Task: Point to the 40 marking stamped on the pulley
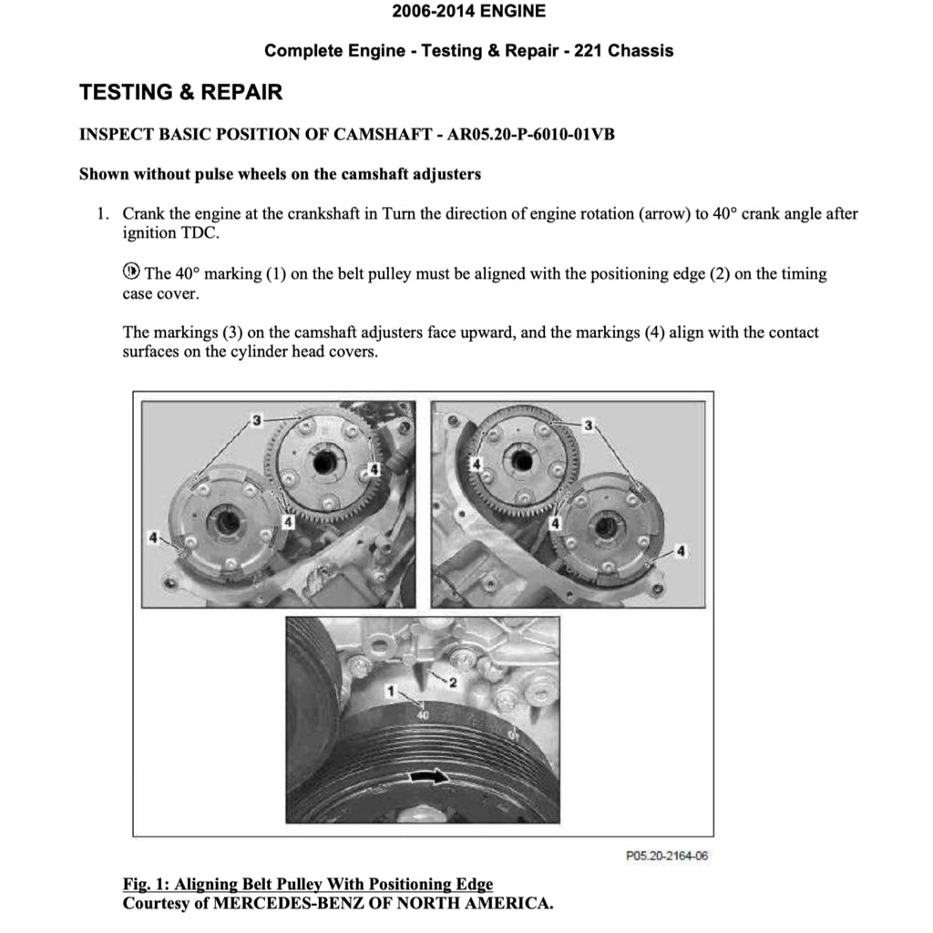tap(422, 717)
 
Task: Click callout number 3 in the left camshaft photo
tap(258, 420)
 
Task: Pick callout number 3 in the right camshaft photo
tap(589, 425)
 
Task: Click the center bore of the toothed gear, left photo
tap(323, 463)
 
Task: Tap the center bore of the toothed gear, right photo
tap(522, 460)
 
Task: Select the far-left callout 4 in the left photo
tap(152, 536)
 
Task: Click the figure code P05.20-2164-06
tap(667, 856)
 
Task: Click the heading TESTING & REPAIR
tap(181, 92)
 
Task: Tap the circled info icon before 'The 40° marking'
tap(131, 272)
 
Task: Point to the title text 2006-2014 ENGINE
tap(468, 12)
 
